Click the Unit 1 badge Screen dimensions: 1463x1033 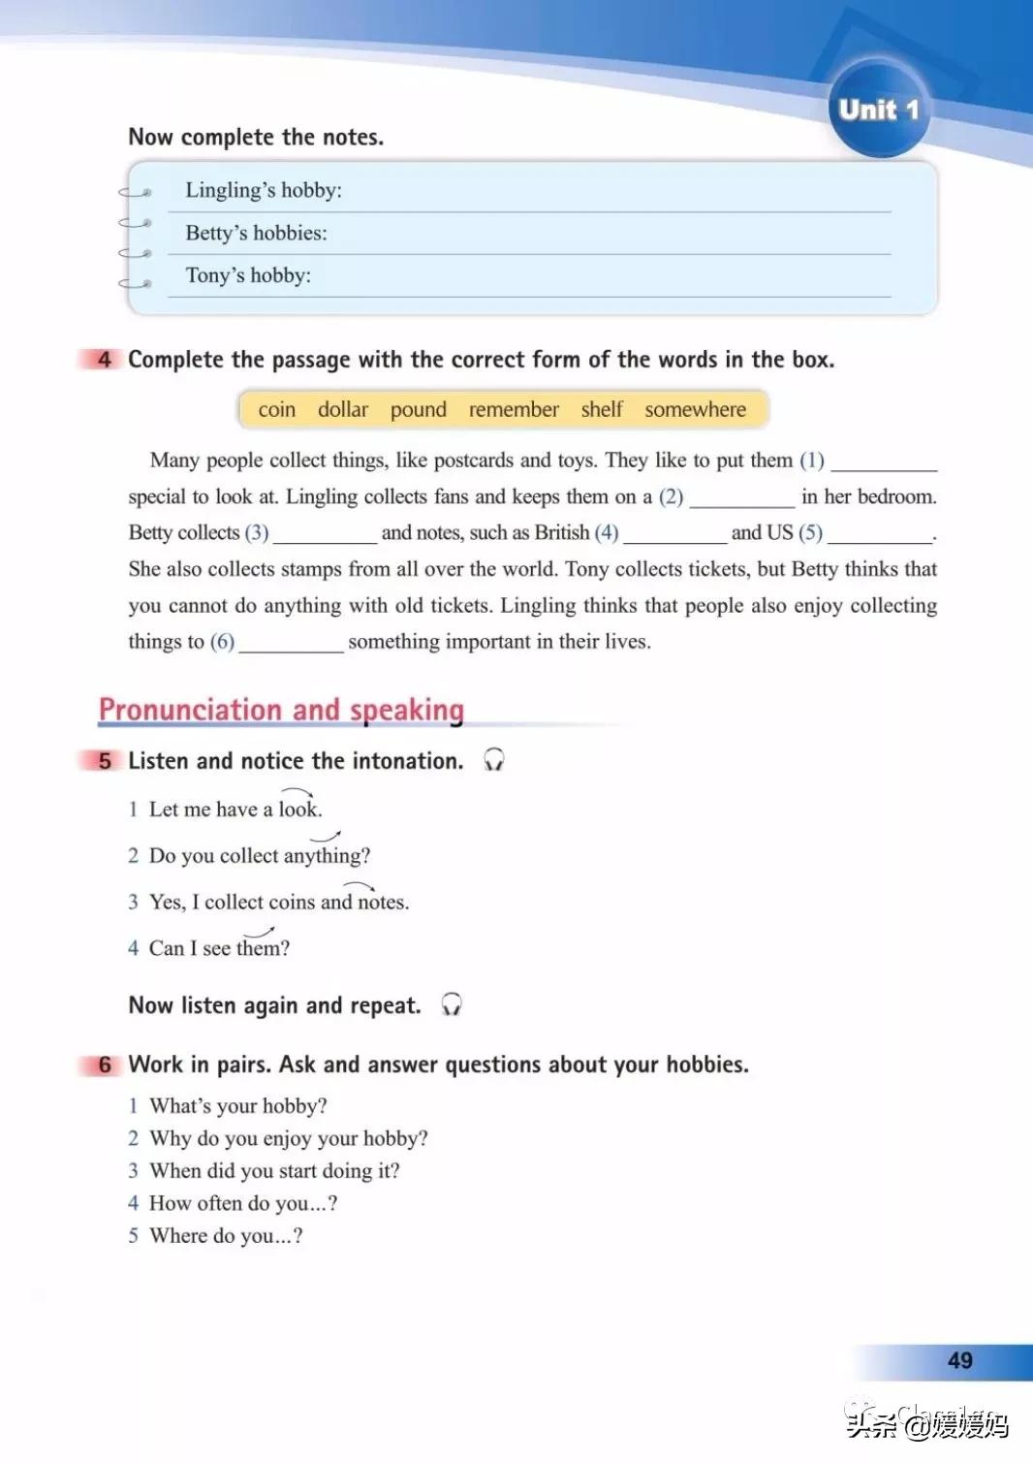click(x=878, y=109)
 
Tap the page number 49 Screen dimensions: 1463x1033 click(x=959, y=1360)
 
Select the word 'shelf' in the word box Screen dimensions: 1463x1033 click(x=602, y=409)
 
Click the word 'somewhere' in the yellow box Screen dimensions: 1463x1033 click(x=695, y=409)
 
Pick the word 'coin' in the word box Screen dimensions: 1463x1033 click(x=276, y=409)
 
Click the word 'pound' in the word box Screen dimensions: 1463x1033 click(x=418, y=409)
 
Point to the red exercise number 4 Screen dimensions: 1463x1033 click(x=104, y=360)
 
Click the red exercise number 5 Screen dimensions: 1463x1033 click(x=104, y=761)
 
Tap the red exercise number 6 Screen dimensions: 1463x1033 click(x=104, y=1065)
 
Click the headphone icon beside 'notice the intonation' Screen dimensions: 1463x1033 click(x=494, y=759)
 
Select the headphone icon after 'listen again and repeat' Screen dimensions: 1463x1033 click(x=452, y=1004)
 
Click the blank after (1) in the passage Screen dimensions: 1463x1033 click(x=884, y=462)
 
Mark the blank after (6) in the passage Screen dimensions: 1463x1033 click(x=291, y=644)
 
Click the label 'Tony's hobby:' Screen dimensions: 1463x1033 click(x=248, y=275)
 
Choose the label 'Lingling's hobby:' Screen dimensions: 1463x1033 click(x=264, y=190)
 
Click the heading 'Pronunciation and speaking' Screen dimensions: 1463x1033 click(x=281, y=710)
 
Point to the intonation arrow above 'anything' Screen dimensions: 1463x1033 click(x=326, y=836)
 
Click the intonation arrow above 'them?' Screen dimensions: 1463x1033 click(x=259, y=932)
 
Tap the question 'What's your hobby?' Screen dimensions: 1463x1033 click(x=237, y=1106)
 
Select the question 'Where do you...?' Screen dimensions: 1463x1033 click(x=226, y=1236)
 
